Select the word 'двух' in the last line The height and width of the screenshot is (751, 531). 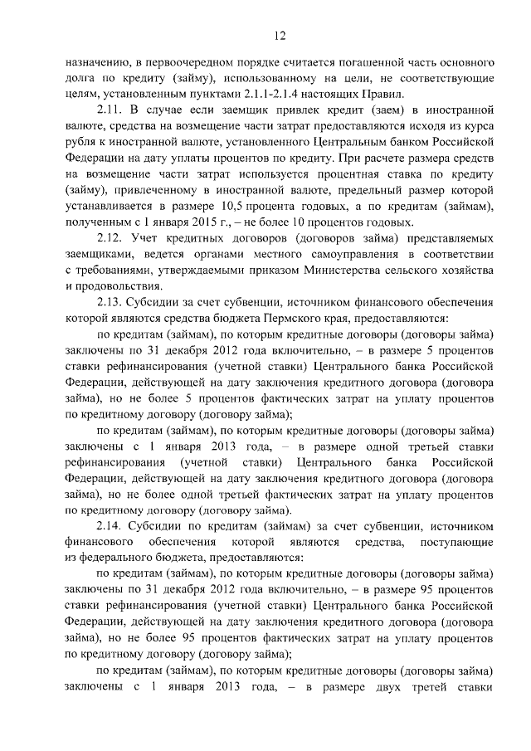[376, 690]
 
